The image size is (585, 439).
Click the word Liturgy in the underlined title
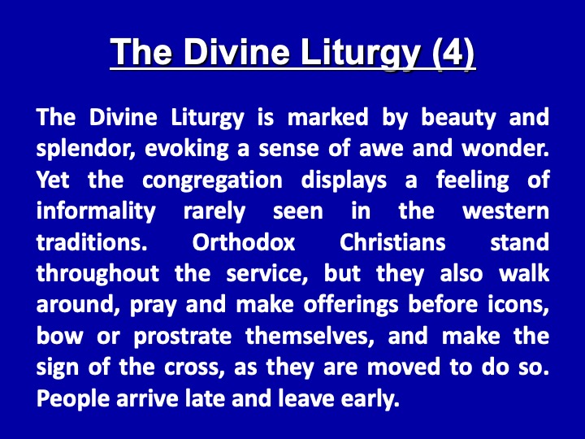click(x=361, y=53)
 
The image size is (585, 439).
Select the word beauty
click(x=458, y=118)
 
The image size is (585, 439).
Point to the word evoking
click(x=187, y=150)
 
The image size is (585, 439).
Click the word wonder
click(x=505, y=149)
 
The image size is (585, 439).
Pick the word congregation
click(x=212, y=180)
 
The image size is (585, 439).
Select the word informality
click(x=96, y=212)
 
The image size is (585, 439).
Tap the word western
click(x=505, y=212)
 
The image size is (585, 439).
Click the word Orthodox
click(x=244, y=242)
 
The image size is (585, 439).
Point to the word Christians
click(x=392, y=242)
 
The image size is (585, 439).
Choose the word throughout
click(x=97, y=275)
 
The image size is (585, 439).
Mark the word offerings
click(x=351, y=306)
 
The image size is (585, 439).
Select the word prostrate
click(x=183, y=337)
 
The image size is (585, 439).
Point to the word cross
click(x=194, y=368)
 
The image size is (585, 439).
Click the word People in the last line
click(x=73, y=399)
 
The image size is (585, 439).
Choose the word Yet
click(x=53, y=180)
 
